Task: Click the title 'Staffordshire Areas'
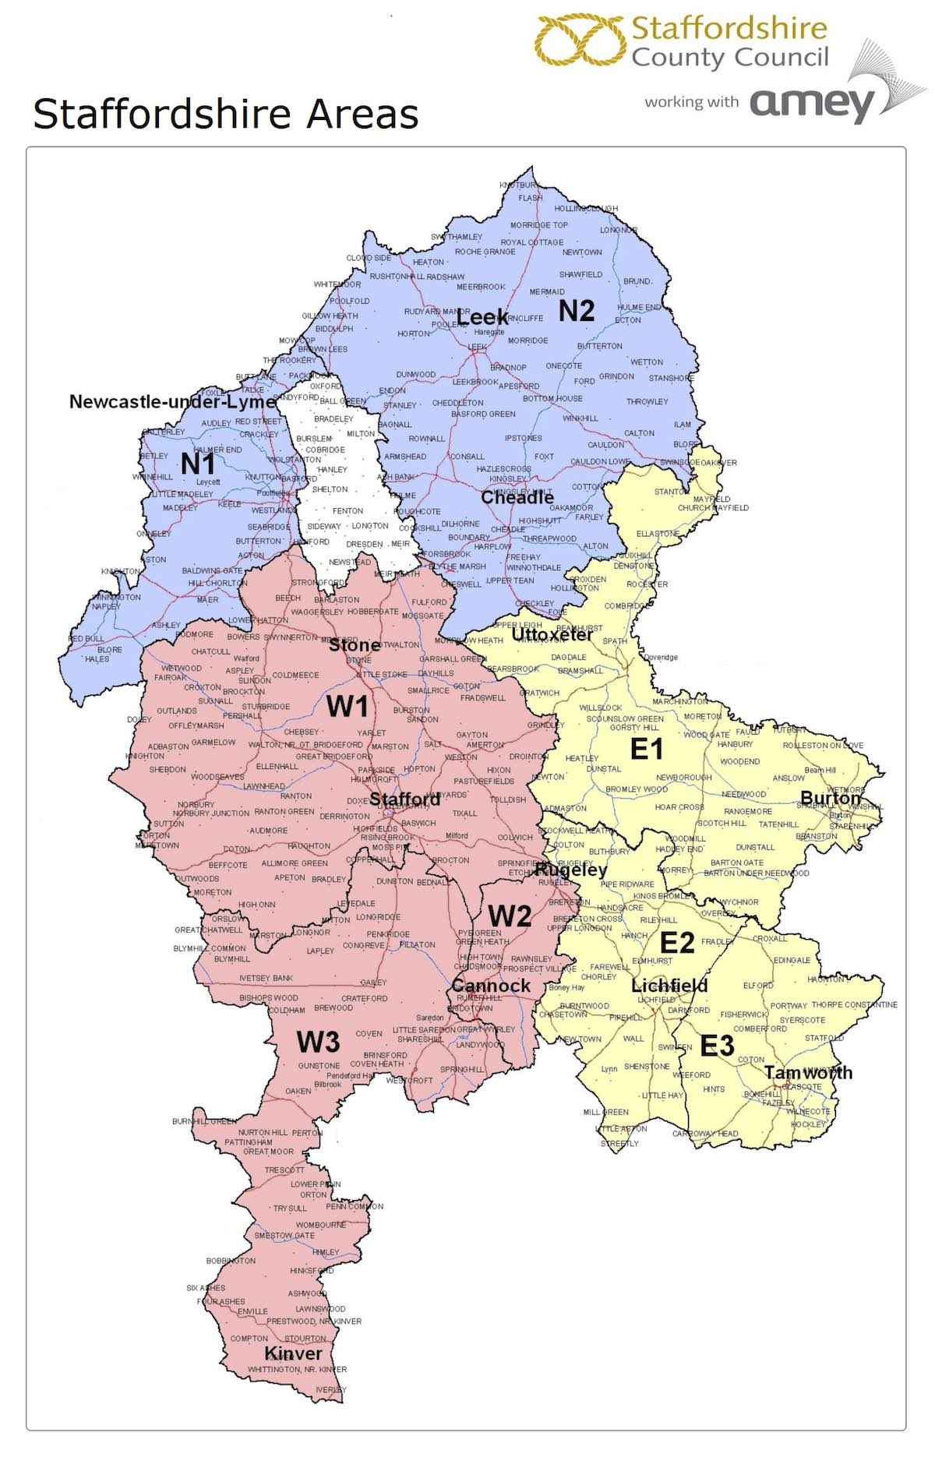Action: pyautogui.click(x=226, y=114)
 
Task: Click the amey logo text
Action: pyautogui.click(x=812, y=103)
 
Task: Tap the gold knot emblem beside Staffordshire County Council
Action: pyautogui.click(x=580, y=40)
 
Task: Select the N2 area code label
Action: pyautogui.click(x=577, y=311)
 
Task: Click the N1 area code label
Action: pyautogui.click(x=198, y=464)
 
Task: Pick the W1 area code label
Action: pyautogui.click(x=347, y=706)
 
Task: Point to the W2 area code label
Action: pyautogui.click(x=510, y=916)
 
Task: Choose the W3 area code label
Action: pyautogui.click(x=318, y=1041)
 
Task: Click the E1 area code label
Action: pyautogui.click(x=646, y=749)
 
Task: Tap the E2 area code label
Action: pyautogui.click(x=676, y=943)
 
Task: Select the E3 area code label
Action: pyautogui.click(x=716, y=1046)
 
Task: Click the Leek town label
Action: pyautogui.click(x=482, y=317)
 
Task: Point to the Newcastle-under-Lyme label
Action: pyautogui.click(x=173, y=401)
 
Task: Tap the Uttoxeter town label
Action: pyautogui.click(x=552, y=635)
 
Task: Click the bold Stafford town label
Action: pyautogui.click(x=404, y=799)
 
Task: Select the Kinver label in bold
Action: pyautogui.click(x=293, y=1353)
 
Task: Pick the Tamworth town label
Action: pyautogui.click(x=808, y=1073)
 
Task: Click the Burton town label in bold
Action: pyautogui.click(x=831, y=799)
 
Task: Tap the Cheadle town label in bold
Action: pyautogui.click(x=517, y=497)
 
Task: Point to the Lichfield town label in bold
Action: pyautogui.click(x=669, y=986)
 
